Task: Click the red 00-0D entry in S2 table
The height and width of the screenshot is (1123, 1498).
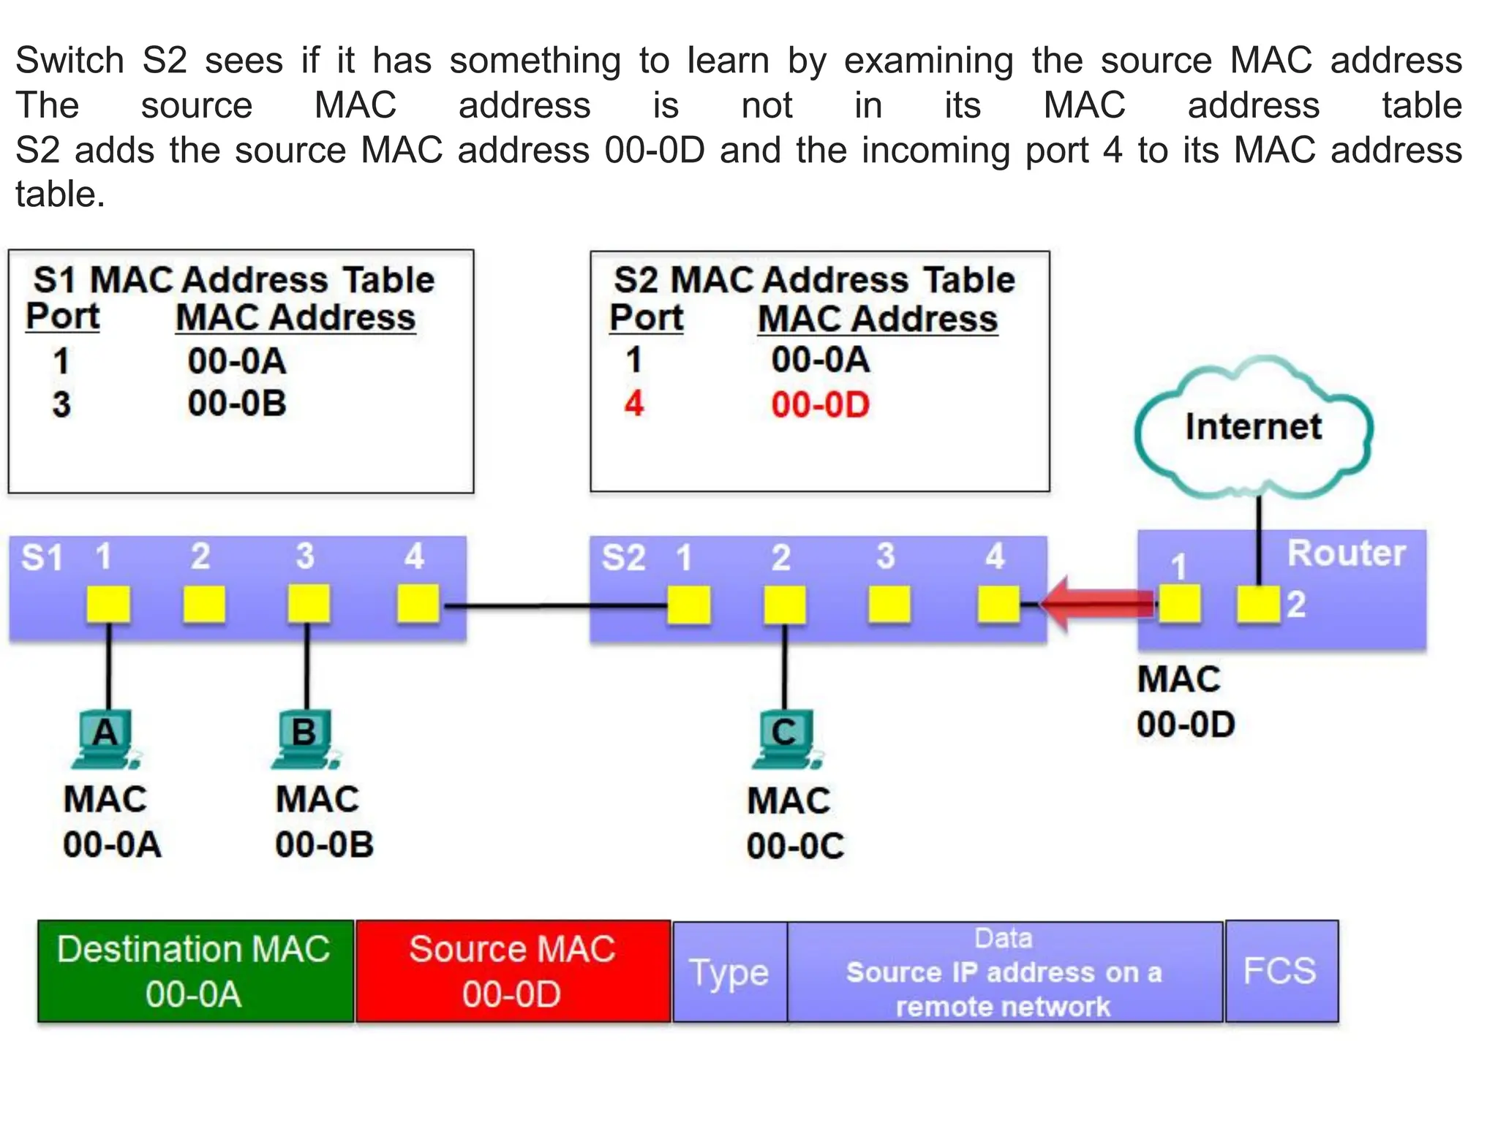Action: pyautogui.click(x=820, y=405)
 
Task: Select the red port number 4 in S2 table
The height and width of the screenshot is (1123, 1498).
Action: pyautogui.click(x=633, y=404)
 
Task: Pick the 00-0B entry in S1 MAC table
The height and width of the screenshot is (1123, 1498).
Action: pyautogui.click(x=236, y=404)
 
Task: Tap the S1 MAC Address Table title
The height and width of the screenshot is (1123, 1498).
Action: pyautogui.click(x=234, y=280)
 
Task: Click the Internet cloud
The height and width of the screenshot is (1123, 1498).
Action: pyautogui.click(x=1253, y=427)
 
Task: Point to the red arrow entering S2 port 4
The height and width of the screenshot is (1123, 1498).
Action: pyautogui.click(x=1097, y=604)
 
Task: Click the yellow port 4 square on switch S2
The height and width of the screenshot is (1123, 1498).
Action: pyautogui.click(x=998, y=605)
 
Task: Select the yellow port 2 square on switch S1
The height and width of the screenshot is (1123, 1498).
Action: pyautogui.click(x=204, y=605)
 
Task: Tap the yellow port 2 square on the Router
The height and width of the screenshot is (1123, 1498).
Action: pyautogui.click(x=1258, y=605)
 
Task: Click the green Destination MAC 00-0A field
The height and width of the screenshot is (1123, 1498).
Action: pyautogui.click(x=195, y=971)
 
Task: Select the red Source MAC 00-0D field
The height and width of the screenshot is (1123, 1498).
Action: pyautogui.click(x=512, y=971)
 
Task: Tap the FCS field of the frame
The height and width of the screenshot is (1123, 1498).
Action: pyautogui.click(x=1280, y=971)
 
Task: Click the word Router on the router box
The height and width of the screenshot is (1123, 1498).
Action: pyautogui.click(x=1346, y=553)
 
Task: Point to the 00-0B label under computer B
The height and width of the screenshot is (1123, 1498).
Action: pyautogui.click(x=324, y=845)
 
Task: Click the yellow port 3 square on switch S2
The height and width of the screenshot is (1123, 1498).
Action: pyautogui.click(x=889, y=605)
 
